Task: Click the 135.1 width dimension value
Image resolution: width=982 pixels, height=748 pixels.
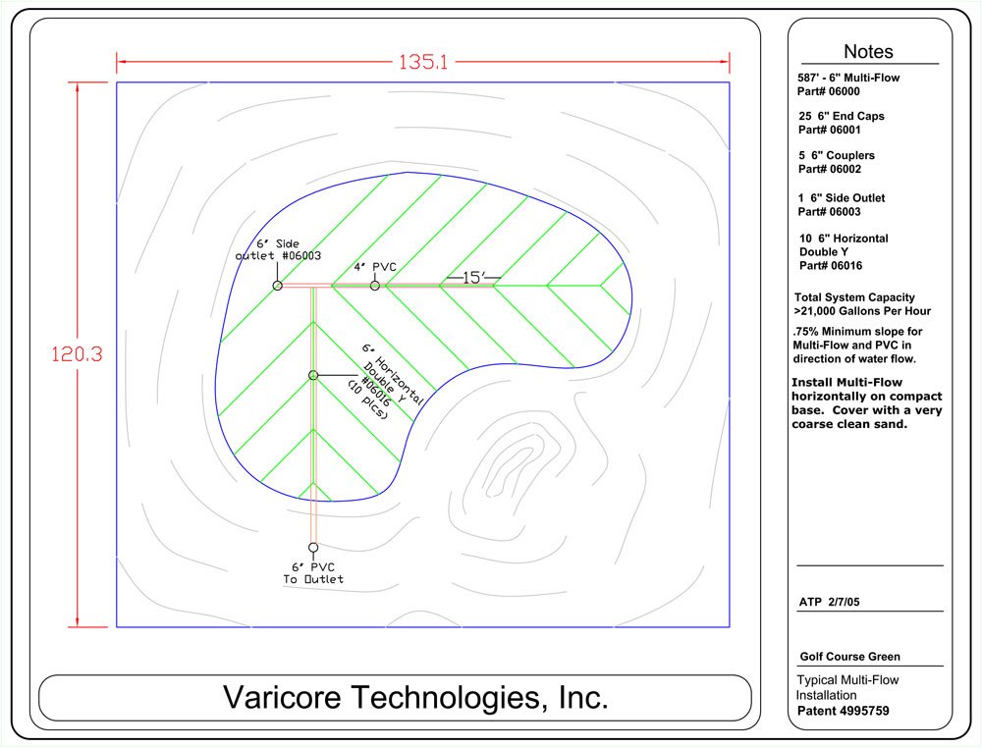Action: pyautogui.click(x=423, y=62)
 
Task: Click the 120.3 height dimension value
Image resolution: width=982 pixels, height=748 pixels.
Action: pyautogui.click(x=77, y=354)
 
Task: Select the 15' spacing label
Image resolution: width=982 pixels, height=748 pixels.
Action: pyautogui.click(x=474, y=277)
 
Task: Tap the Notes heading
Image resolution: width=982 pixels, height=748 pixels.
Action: pyautogui.click(x=868, y=51)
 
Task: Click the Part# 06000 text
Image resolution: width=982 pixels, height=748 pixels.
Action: pyautogui.click(x=829, y=91)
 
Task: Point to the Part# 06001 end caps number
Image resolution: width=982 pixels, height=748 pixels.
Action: pyautogui.click(x=829, y=131)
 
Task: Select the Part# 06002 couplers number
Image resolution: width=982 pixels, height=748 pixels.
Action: pyautogui.click(x=829, y=169)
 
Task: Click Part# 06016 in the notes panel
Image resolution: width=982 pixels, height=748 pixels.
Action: pyautogui.click(x=831, y=265)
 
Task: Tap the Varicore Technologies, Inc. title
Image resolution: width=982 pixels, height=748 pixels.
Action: pyautogui.click(x=415, y=697)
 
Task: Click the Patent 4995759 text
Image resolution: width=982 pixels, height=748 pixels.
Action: pyautogui.click(x=843, y=711)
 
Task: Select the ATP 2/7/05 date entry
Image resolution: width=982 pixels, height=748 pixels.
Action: pyautogui.click(x=829, y=602)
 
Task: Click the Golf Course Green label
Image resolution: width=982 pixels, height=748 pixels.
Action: pyautogui.click(x=849, y=657)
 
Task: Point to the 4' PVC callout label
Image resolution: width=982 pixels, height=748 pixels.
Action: pyautogui.click(x=375, y=267)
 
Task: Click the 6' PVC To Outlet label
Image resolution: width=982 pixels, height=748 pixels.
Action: pyautogui.click(x=313, y=573)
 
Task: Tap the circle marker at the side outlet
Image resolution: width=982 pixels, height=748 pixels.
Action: pyautogui.click(x=278, y=286)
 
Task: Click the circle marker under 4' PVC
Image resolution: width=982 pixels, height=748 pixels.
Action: pyautogui.click(x=374, y=286)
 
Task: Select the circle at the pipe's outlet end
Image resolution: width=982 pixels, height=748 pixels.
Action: pyautogui.click(x=313, y=548)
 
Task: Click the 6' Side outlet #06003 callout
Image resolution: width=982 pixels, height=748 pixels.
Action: pyautogui.click(x=278, y=249)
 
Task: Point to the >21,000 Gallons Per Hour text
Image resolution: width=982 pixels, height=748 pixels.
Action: pyautogui.click(x=862, y=311)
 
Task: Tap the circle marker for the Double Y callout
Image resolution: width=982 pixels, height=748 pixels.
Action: pyautogui.click(x=313, y=376)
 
